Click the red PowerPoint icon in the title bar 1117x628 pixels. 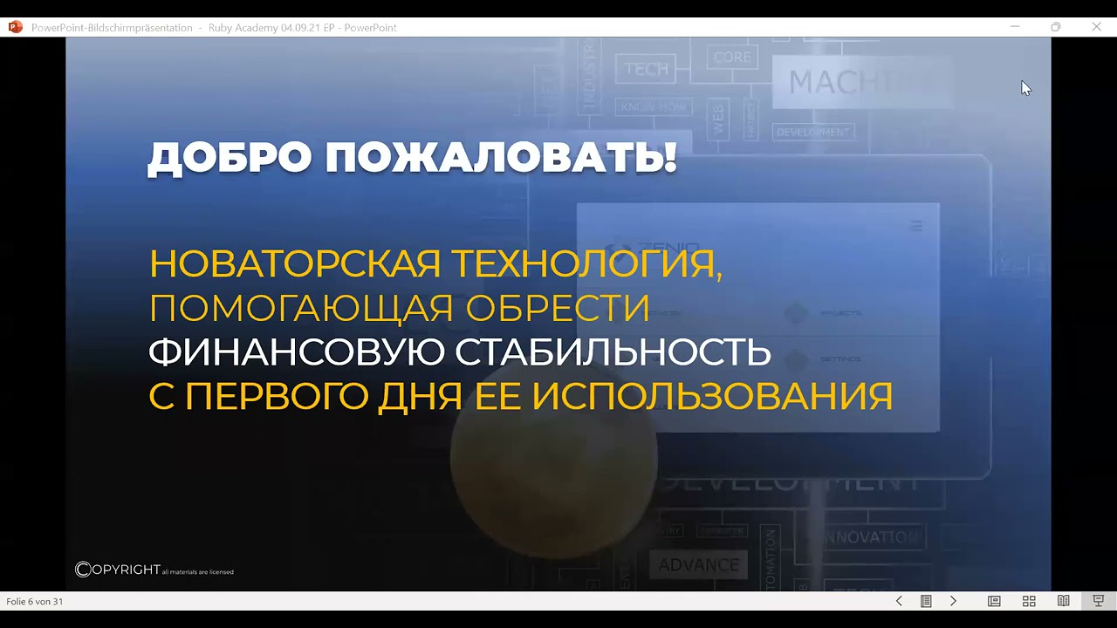coord(15,27)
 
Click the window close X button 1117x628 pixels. coord(1096,27)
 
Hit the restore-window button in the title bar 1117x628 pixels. coord(1055,27)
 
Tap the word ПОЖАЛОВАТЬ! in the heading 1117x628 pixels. coord(501,159)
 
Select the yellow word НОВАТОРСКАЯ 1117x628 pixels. coord(295,263)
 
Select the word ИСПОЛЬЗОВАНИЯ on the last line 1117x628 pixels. coord(712,397)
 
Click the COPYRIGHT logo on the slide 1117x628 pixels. coord(118,570)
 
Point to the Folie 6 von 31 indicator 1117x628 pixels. coord(35,602)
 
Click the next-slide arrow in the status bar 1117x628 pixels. coord(953,601)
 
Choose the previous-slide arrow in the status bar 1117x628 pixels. coord(899,601)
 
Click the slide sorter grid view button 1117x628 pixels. coord(1029,601)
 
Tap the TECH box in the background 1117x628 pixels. coord(647,69)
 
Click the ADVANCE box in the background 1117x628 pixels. coord(698,565)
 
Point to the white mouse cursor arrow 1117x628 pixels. coord(1025,87)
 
